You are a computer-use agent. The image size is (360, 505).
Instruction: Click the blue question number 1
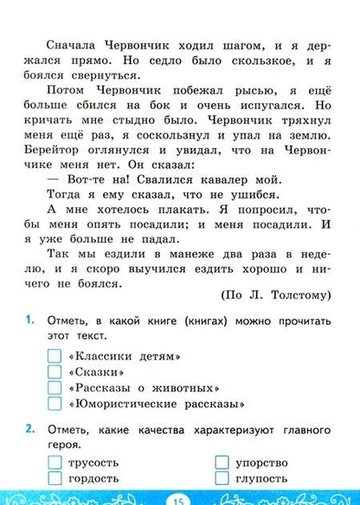point(29,344)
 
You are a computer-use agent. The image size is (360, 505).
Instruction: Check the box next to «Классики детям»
point(54,380)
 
